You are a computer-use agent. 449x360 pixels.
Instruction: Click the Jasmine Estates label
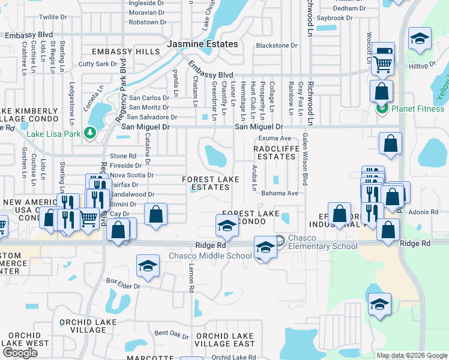(x=202, y=44)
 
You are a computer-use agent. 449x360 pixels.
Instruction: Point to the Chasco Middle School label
(x=210, y=256)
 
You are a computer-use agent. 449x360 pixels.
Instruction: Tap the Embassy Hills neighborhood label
(x=117, y=52)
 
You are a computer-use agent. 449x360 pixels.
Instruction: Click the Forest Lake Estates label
(x=211, y=183)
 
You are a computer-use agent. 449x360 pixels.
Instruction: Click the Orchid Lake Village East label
(x=225, y=340)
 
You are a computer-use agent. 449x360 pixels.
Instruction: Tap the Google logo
(x=20, y=352)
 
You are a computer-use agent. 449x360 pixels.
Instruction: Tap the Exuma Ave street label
(x=274, y=138)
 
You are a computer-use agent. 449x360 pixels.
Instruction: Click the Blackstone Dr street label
(x=276, y=46)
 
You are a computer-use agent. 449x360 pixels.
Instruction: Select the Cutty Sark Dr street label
(x=98, y=64)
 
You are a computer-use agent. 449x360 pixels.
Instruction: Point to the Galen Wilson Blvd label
(x=305, y=160)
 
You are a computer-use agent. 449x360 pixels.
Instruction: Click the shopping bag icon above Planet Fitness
(x=381, y=92)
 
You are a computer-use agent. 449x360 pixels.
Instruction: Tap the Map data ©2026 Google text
(x=411, y=355)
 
